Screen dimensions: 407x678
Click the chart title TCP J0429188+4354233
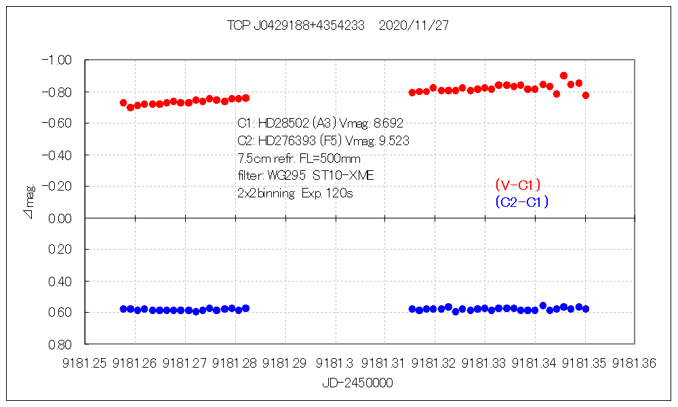click(x=296, y=26)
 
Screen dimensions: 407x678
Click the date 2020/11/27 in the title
click(x=414, y=26)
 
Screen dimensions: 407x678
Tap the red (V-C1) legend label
click(x=517, y=185)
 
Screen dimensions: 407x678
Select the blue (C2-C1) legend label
click(x=521, y=201)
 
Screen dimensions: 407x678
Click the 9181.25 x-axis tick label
click(x=85, y=364)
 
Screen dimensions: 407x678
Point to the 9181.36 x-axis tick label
click(x=635, y=364)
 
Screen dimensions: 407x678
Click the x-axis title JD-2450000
click(x=357, y=383)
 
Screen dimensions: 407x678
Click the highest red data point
click(x=563, y=76)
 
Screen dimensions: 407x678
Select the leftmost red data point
click(x=123, y=102)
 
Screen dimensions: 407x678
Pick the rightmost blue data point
click(x=586, y=309)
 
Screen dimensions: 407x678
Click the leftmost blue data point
click(x=123, y=309)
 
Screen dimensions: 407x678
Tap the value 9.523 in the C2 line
click(x=393, y=141)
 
